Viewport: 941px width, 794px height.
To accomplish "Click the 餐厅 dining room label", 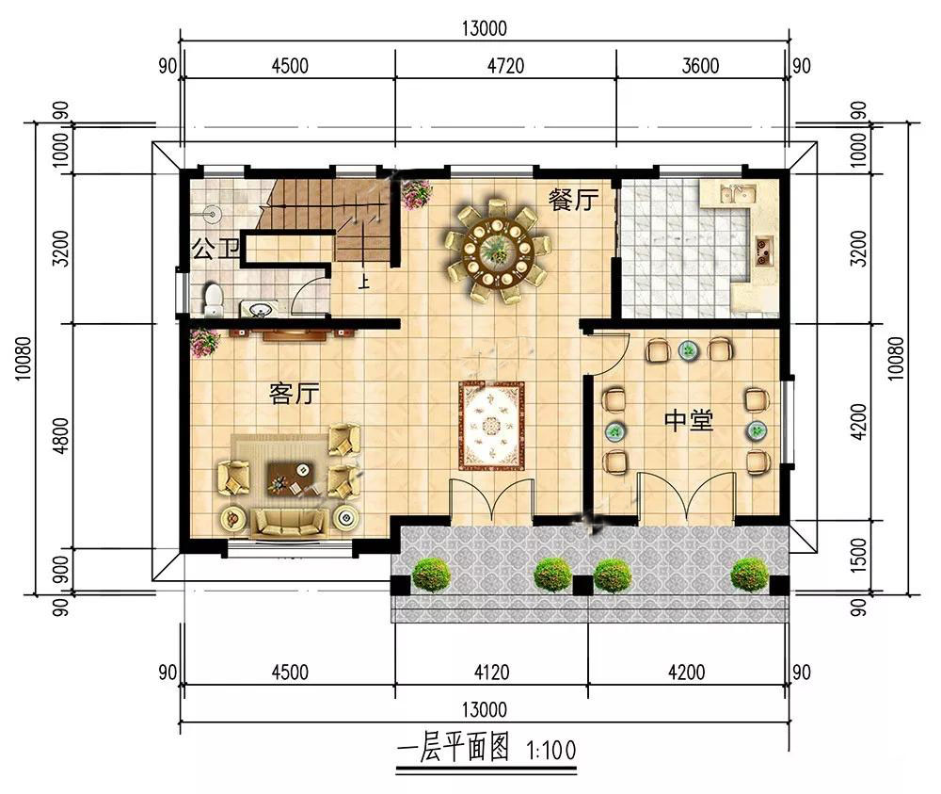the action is (573, 200).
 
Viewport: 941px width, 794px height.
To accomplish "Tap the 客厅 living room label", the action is (294, 394).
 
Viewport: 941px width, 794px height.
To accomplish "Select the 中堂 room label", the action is (689, 420).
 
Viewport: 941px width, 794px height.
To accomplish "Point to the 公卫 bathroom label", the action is (215, 249).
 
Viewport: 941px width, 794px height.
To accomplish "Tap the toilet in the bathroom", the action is (213, 300).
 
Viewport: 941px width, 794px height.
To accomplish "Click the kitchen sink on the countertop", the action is (738, 193).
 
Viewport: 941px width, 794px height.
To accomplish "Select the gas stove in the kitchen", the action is (764, 251).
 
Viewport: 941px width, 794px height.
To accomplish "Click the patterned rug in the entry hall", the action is (491, 426).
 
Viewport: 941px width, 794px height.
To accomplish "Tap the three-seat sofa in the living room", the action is (290, 522).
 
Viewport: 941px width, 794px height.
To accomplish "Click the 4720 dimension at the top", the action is (505, 66).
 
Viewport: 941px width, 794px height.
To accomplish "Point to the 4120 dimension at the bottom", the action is (491, 672).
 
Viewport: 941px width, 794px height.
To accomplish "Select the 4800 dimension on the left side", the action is (60, 436).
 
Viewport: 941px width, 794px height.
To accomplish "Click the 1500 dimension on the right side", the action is (859, 555).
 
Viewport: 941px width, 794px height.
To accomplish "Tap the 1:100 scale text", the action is (550, 750).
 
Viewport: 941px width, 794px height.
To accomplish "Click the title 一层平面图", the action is (454, 749).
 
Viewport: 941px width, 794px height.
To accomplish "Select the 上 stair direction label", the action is (363, 281).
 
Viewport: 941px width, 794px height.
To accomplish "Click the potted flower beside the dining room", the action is (417, 194).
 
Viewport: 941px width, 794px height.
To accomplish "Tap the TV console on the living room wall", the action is (295, 334).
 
